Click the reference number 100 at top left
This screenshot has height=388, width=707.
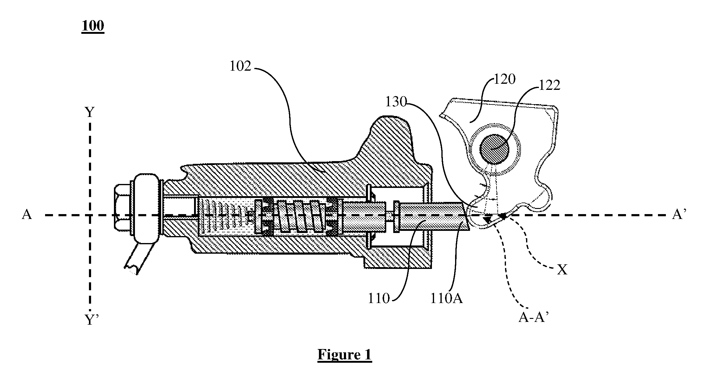click(x=93, y=26)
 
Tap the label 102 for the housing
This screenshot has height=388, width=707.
click(x=241, y=66)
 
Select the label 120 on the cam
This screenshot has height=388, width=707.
click(x=504, y=79)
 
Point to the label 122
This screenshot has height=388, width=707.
click(x=549, y=86)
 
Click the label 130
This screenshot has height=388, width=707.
click(x=396, y=102)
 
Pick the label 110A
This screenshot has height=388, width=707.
click(x=447, y=298)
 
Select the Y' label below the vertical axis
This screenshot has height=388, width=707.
click(x=91, y=320)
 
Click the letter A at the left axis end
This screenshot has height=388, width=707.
click(x=27, y=215)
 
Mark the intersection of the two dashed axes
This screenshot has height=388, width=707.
click(x=90, y=215)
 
